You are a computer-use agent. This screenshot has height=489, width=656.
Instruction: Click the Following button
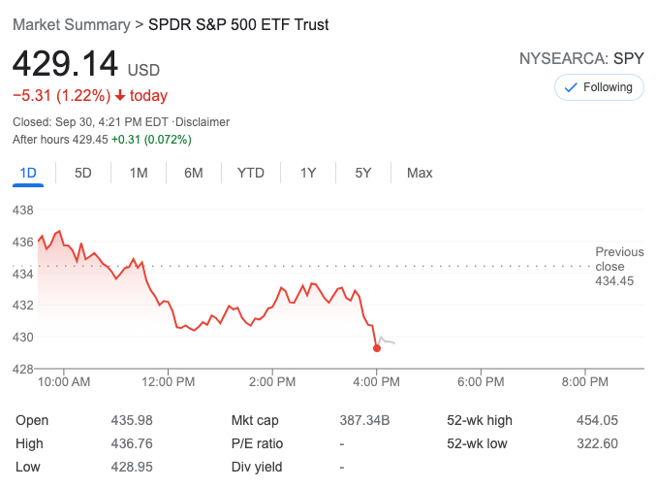tap(599, 87)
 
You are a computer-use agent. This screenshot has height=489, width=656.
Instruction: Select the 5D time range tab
tap(83, 173)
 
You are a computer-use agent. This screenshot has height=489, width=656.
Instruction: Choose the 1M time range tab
tap(139, 173)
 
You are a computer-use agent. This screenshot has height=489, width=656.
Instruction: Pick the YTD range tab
tap(251, 173)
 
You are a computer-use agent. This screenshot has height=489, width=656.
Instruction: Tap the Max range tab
tap(420, 173)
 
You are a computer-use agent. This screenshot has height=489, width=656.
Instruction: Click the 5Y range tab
tap(363, 173)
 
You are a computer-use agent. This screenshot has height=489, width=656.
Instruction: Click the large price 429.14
tap(65, 65)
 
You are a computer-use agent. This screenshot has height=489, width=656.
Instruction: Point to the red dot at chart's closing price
tap(377, 347)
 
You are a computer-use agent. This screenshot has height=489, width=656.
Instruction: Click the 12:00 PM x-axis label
tap(168, 381)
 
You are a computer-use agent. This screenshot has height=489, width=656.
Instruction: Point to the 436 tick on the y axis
tap(22, 242)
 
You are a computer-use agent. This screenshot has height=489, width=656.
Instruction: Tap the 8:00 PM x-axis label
tap(585, 381)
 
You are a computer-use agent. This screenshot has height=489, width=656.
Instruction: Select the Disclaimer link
tap(203, 122)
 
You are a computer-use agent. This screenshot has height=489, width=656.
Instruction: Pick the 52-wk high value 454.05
tap(598, 420)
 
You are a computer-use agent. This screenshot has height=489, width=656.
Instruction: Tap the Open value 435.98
tap(133, 420)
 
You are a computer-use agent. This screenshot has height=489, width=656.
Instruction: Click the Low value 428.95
tap(133, 467)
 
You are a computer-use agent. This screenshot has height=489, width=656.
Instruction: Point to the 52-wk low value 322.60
tap(598, 443)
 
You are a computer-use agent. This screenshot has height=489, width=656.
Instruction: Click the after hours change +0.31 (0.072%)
tap(151, 140)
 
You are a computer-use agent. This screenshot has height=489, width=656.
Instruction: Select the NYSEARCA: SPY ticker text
tap(581, 58)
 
